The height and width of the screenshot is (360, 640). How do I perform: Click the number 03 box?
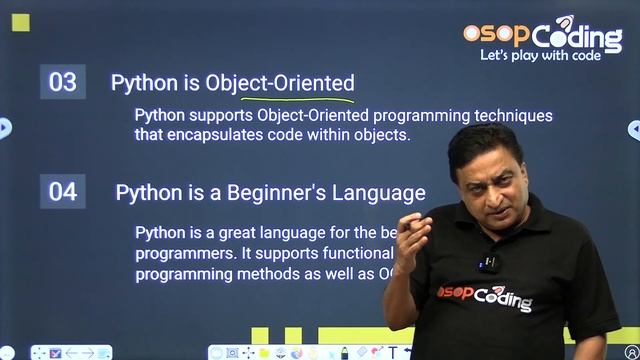62,82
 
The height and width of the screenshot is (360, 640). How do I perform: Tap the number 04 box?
62,191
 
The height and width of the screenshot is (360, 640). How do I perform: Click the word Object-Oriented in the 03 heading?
280,82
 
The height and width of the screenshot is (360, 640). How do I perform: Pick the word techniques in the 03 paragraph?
513,115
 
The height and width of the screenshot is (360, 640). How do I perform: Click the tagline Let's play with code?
540,56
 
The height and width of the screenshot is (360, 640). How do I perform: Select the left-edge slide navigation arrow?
5,127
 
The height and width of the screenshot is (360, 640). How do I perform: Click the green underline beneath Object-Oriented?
297,99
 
